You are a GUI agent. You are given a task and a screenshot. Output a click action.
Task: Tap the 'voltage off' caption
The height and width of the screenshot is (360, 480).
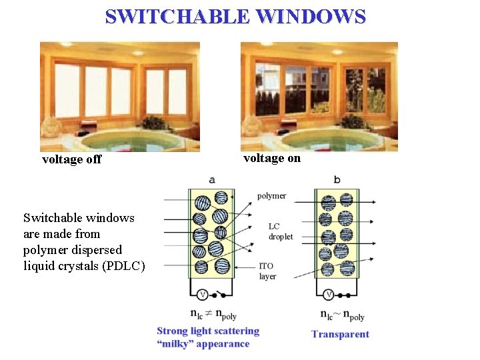pyautogui.click(x=71, y=159)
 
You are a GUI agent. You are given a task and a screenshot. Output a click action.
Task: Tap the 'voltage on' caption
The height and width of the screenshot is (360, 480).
pyautogui.click(x=272, y=158)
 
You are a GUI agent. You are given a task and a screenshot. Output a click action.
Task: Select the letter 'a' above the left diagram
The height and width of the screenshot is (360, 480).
pyautogui.click(x=212, y=179)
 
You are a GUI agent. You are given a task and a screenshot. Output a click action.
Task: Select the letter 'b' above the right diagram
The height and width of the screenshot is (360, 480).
pyautogui.click(x=337, y=179)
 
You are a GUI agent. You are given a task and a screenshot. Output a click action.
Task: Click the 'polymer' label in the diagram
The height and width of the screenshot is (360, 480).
pyautogui.click(x=271, y=195)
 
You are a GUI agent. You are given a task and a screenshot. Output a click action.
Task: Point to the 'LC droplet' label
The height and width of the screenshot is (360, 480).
pyautogui.click(x=280, y=231)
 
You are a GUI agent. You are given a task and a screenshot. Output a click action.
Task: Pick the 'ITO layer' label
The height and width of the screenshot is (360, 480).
pyautogui.click(x=267, y=271)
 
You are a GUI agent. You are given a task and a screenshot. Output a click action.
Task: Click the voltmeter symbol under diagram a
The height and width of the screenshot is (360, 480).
pyautogui.click(x=201, y=294)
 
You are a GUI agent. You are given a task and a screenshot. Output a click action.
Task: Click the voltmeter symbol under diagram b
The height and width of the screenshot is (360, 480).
pyautogui.click(x=328, y=294)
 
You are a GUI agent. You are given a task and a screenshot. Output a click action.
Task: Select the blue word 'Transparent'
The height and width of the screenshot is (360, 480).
pyautogui.click(x=340, y=334)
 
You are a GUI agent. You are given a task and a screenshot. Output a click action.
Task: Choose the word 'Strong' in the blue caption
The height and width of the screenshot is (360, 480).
pyautogui.click(x=173, y=331)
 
